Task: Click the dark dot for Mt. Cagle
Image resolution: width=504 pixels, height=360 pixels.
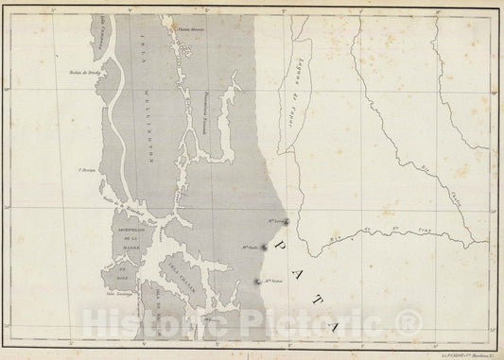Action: click(x=264, y=249)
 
